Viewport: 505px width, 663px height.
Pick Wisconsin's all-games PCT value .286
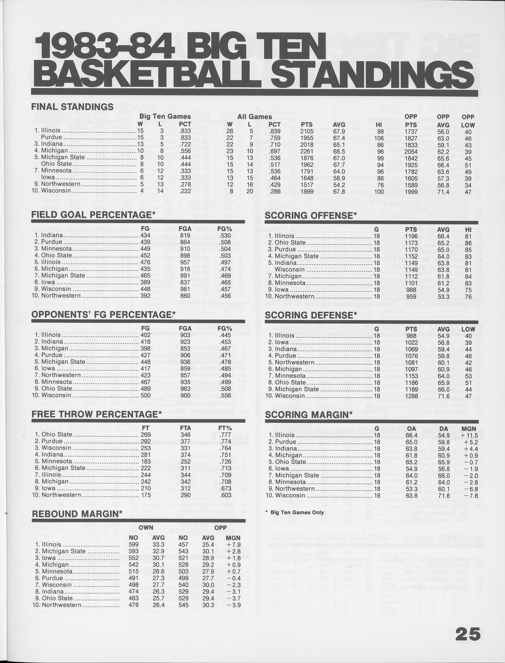[x=274, y=191]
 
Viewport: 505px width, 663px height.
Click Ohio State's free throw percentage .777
[x=225, y=435]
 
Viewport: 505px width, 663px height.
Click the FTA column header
[x=185, y=428]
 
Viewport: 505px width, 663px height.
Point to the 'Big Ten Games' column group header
[x=165, y=116]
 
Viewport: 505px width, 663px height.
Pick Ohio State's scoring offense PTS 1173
[x=411, y=242]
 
